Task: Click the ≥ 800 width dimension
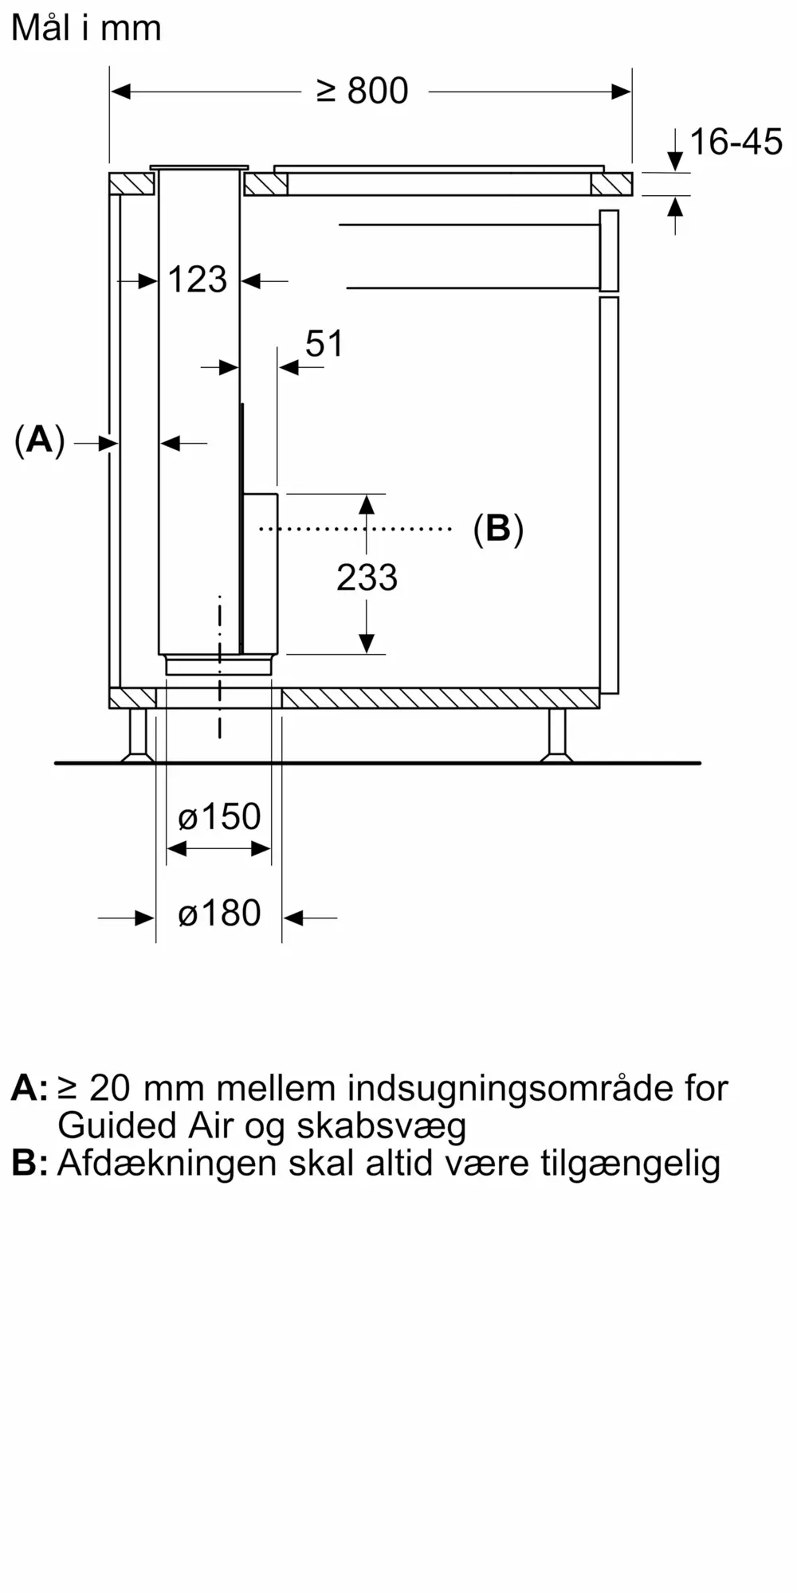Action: click(363, 92)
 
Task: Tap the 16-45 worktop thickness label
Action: click(736, 143)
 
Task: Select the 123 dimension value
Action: click(198, 280)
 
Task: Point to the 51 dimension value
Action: click(324, 344)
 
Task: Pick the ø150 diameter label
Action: click(219, 817)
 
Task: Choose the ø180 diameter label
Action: click(219, 914)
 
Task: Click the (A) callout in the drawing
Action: click(39, 440)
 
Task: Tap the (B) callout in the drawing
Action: click(498, 528)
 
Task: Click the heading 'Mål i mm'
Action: click(86, 29)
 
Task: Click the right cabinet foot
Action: click(556, 735)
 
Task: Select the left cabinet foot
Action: click(138, 735)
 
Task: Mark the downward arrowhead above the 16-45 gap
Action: click(675, 162)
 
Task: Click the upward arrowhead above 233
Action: click(367, 504)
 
